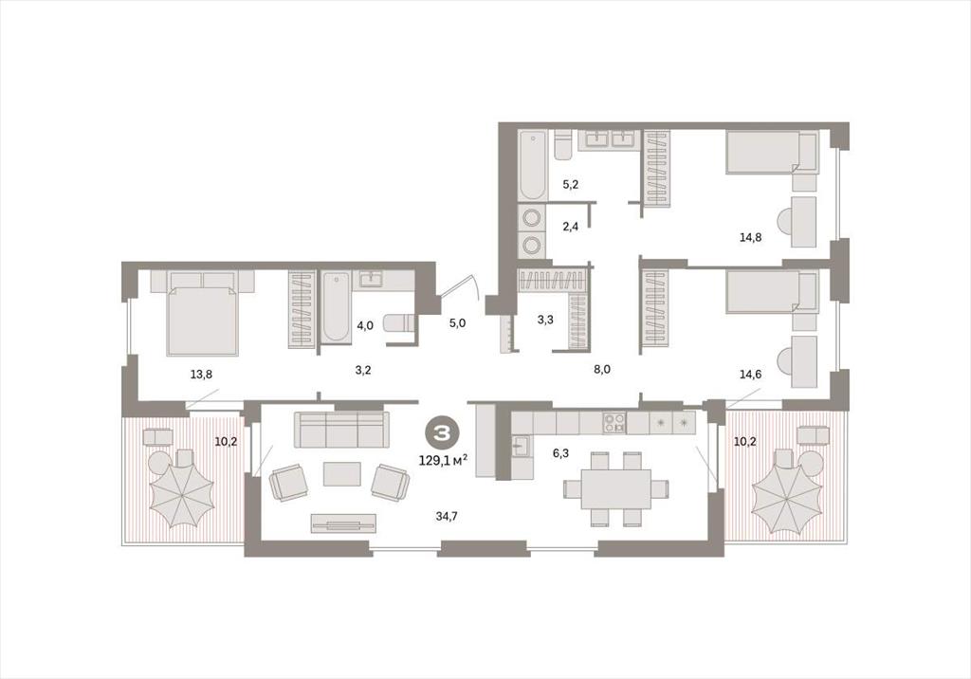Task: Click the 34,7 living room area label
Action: click(447, 516)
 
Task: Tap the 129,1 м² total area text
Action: click(443, 461)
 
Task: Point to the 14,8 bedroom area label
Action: click(751, 236)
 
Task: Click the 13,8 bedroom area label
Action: click(202, 374)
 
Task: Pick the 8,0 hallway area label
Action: click(602, 369)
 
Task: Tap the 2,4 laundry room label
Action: click(570, 226)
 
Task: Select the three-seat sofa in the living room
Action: click(341, 429)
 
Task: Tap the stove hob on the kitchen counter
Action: click(614, 423)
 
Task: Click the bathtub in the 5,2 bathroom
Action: click(533, 165)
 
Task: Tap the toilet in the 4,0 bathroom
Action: click(399, 324)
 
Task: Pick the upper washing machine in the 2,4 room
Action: click(532, 217)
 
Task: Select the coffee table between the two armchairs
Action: click(341, 474)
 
